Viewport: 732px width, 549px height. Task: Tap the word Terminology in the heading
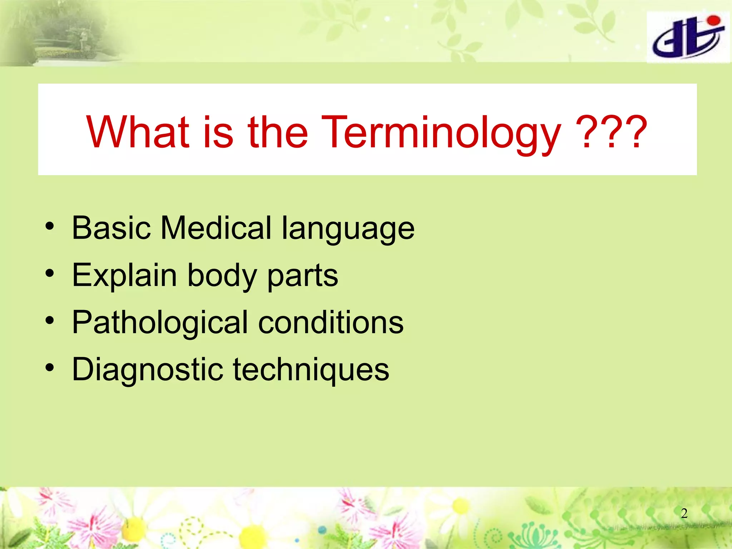441,133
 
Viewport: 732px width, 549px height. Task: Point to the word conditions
331,322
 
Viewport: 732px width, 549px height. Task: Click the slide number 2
684,513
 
